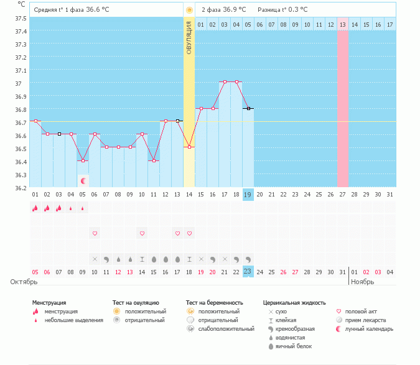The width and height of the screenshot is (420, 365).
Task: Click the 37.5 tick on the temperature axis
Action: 21,18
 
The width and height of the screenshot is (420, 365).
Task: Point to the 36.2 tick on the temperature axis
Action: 21,187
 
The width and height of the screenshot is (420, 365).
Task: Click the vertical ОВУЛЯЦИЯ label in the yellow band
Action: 189,37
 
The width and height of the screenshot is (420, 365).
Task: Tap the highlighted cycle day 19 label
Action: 248,195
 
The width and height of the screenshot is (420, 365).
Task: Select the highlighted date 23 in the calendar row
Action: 248,271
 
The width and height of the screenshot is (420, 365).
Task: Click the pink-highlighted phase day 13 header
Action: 342,24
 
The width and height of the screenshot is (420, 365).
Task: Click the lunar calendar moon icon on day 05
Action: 83,180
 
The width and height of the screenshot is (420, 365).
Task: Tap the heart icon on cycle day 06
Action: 95,233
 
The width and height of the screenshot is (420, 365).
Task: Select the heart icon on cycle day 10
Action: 142,233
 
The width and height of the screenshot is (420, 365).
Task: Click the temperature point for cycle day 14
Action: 189,147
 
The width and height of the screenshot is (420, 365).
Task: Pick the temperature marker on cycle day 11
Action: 154,160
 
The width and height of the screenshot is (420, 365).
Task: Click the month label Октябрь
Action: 23,282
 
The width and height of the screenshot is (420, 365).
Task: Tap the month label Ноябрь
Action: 362,282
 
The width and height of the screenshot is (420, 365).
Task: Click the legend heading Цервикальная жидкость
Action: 294,303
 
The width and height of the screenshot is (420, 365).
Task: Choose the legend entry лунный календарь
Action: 370,328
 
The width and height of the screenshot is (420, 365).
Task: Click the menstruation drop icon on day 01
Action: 35,209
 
